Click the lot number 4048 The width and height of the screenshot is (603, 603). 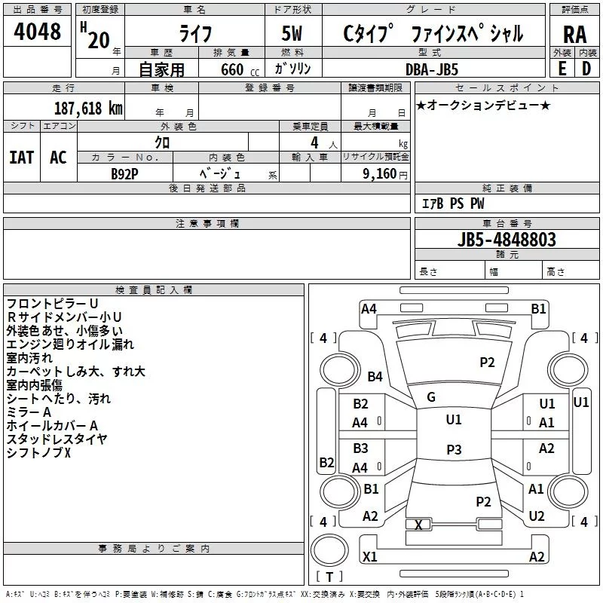click(x=37, y=32)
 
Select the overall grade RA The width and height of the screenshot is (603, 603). click(x=574, y=34)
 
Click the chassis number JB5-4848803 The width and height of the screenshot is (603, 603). click(x=507, y=240)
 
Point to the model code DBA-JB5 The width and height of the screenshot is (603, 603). click(x=432, y=69)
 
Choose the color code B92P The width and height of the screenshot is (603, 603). click(x=124, y=173)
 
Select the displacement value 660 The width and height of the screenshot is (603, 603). click(x=232, y=69)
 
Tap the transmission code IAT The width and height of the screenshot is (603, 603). click(x=21, y=158)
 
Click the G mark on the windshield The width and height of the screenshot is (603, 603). click(x=431, y=397)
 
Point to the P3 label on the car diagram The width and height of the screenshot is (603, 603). click(x=453, y=450)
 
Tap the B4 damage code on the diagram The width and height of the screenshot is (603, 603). click(x=375, y=376)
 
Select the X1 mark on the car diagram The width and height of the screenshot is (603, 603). click(x=369, y=557)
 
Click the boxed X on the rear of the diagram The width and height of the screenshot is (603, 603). click(x=419, y=525)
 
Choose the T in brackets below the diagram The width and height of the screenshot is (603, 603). click(x=329, y=577)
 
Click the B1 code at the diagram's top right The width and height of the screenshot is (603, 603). click(x=538, y=308)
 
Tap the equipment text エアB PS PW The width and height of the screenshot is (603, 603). click(x=453, y=204)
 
